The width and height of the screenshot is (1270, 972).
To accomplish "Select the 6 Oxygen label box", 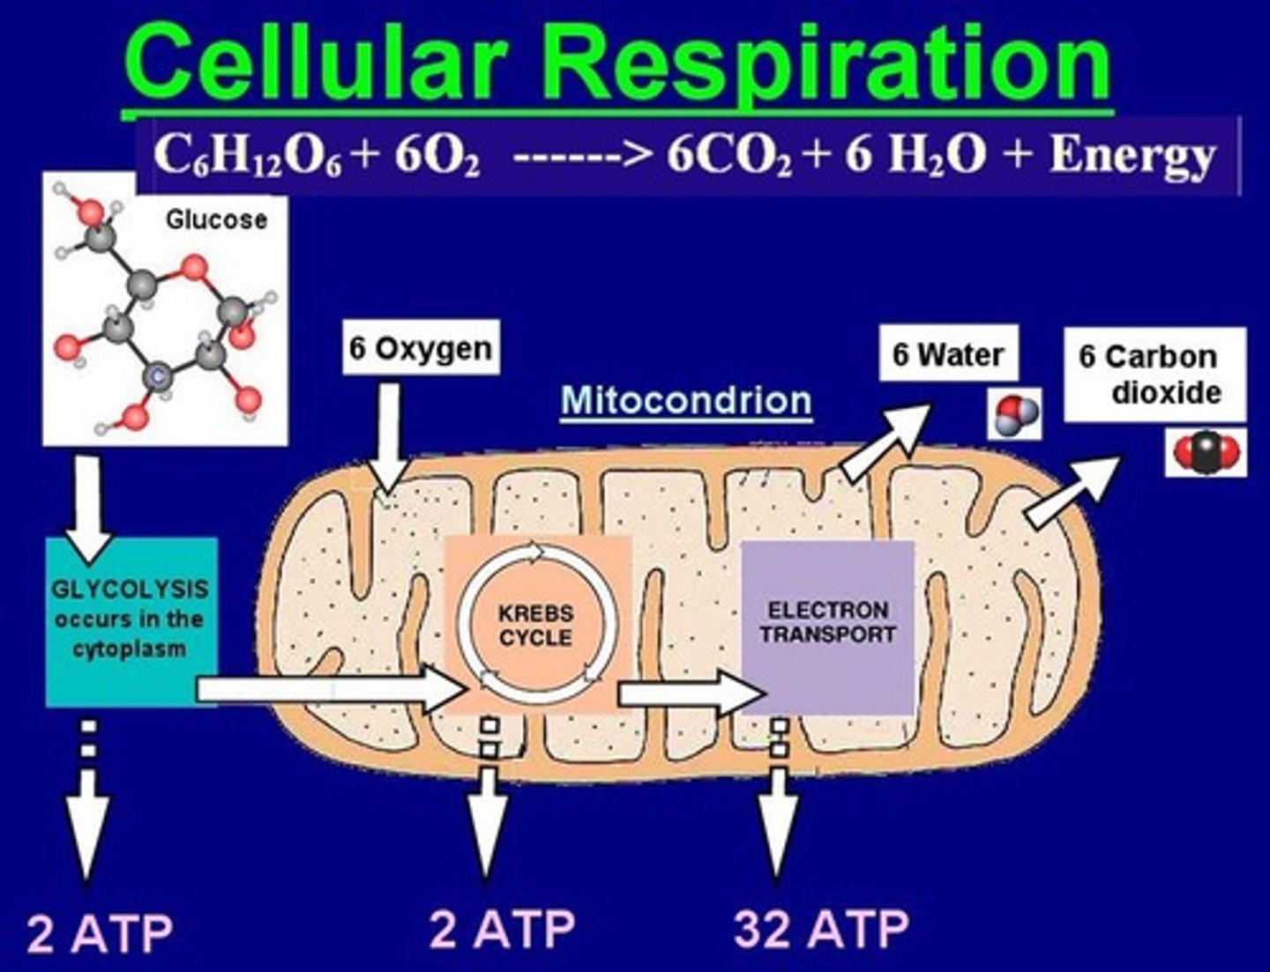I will [421, 348].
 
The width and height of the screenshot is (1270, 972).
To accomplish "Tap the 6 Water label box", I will [948, 354].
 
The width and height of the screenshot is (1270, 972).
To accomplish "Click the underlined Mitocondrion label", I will [686, 401].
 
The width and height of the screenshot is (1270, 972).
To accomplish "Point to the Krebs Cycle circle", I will [535, 625].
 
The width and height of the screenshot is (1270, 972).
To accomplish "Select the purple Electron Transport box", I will [827, 626].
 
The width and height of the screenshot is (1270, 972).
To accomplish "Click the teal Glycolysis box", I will [131, 620].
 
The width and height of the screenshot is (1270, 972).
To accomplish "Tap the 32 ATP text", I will [821, 928].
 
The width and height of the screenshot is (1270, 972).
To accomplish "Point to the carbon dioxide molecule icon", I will [1206, 453].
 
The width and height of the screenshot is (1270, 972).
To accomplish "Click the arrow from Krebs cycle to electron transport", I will [690, 694].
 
